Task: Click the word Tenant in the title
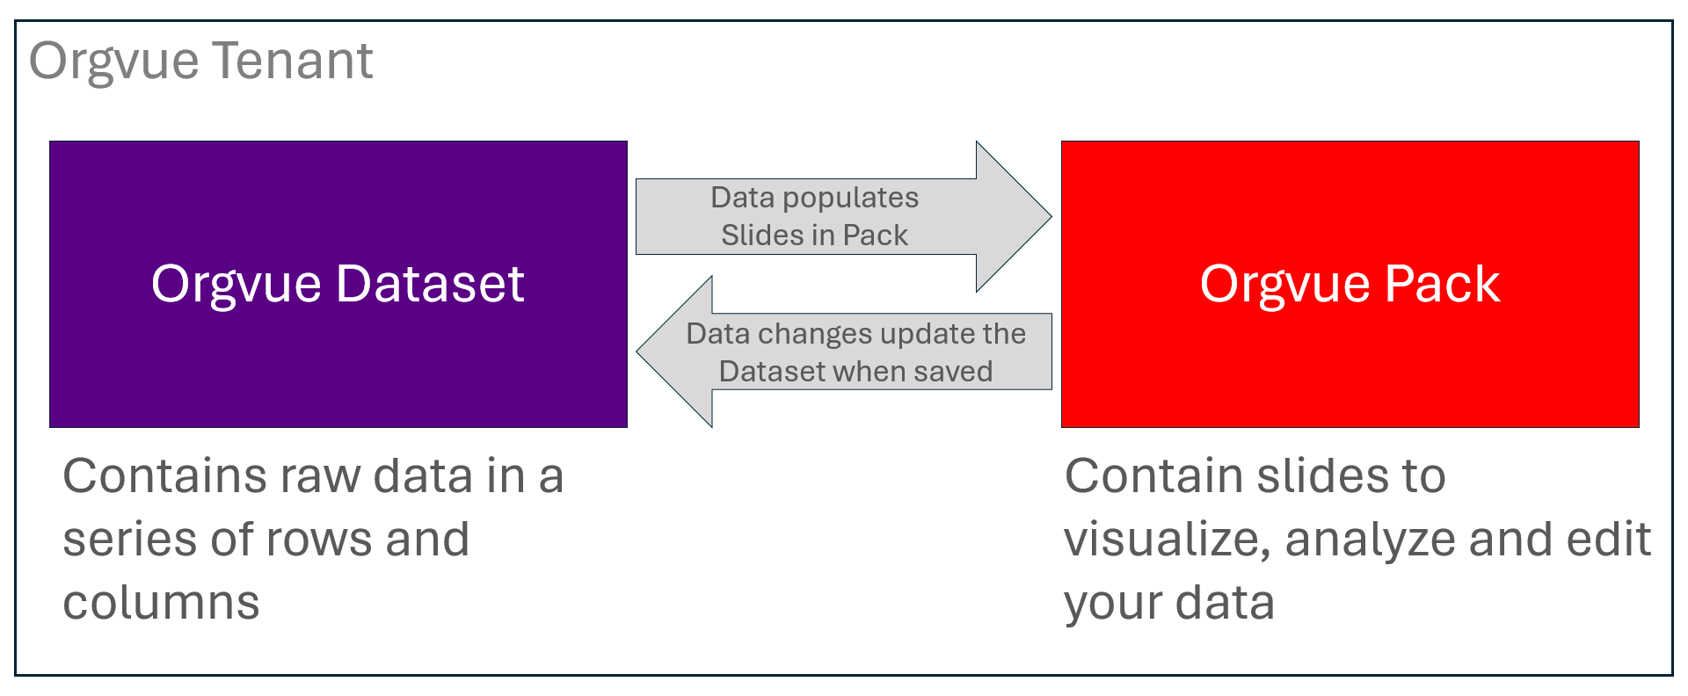(293, 61)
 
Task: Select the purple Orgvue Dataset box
(338, 284)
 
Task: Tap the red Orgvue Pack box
(1350, 284)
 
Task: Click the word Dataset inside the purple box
(430, 284)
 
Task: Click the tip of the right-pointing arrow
(1051, 216)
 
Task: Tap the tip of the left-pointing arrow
(637, 352)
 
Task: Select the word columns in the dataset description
(161, 603)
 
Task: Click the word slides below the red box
(1313, 476)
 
